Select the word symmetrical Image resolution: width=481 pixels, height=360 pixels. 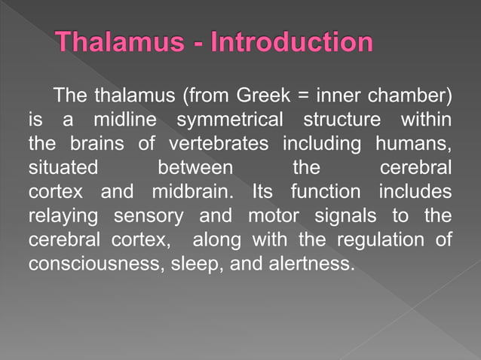pyautogui.click(x=229, y=121)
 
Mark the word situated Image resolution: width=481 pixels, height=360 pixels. pyautogui.click(x=57, y=166)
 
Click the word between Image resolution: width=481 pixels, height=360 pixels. pyautogui.click(x=195, y=166)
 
